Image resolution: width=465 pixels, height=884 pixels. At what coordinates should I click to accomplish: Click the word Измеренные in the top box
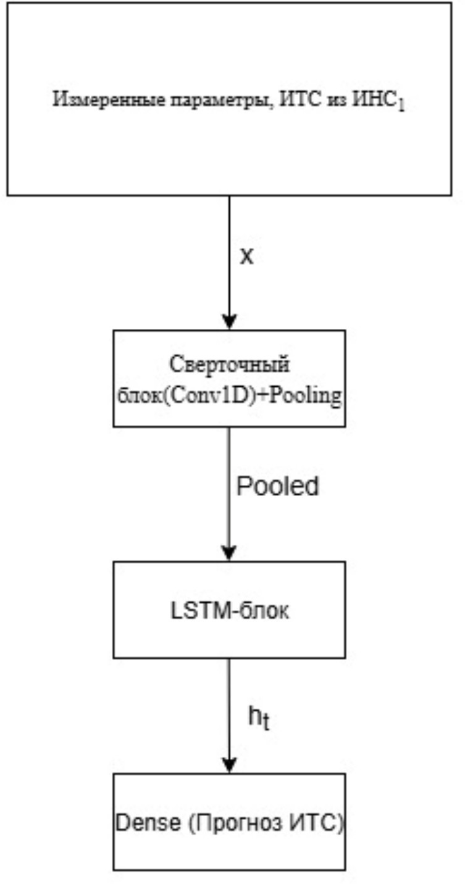coord(96,101)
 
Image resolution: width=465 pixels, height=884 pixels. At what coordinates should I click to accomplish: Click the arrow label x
coord(246,257)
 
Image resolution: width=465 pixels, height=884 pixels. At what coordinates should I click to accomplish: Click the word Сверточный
coord(228,365)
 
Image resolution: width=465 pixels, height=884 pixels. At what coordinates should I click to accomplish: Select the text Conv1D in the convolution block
coord(197,396)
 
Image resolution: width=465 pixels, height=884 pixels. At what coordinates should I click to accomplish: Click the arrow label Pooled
coord(278,487)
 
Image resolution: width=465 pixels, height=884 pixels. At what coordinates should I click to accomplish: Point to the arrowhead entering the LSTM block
coord(229,553)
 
